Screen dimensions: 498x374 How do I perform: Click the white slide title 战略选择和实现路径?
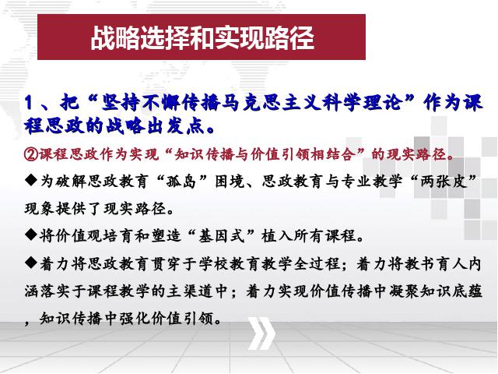pos(202,38)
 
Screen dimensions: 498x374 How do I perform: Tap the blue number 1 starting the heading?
pos(29,103)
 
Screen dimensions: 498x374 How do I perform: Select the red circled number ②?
pos(31,154)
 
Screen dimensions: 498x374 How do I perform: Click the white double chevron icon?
pos(261,333)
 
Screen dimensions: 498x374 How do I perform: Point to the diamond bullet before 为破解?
pos(31,182)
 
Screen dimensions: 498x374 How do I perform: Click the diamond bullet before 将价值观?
pos(31,235)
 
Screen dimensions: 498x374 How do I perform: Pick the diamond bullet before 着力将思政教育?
pos(31,263)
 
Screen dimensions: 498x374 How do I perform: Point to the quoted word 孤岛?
pos(181,182)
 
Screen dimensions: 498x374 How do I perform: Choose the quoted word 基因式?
pos(221,236)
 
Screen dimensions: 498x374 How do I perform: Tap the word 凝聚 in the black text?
pos(403,291)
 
